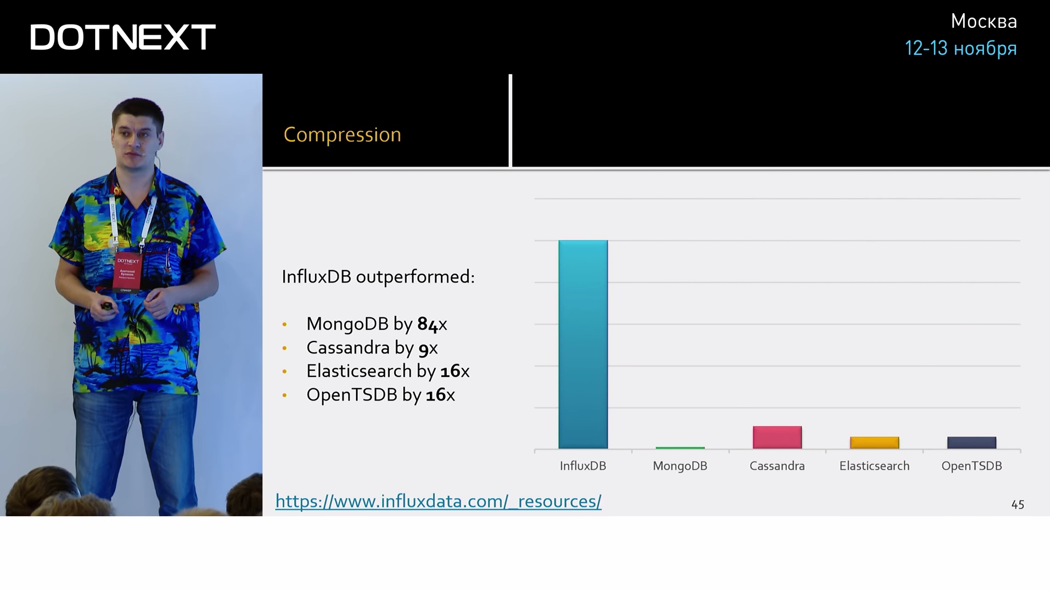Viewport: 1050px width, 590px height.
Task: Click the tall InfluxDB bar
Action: coord(583,345)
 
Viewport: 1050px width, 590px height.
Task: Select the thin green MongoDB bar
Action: coord(680,448)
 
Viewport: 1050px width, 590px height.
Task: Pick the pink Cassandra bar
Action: coord(777,438)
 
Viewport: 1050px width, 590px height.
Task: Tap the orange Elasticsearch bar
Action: coord(874,443)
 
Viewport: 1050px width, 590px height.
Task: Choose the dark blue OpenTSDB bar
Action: coord(972,443)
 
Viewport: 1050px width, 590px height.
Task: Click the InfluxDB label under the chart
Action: coord(583,466)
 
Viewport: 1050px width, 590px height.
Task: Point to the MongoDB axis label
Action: coord(680,466)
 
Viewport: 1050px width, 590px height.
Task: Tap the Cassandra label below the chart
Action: coord(777,466)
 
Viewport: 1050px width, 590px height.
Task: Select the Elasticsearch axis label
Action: coord(874,466)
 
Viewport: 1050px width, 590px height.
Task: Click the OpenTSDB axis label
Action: coord(972,466)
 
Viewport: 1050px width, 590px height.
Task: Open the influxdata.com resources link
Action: coord(439,501)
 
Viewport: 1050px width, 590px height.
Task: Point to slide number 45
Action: coord(1018,505)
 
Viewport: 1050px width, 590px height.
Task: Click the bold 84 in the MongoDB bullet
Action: coord(428,324)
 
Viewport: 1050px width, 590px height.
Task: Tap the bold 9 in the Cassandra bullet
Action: coord(423,349)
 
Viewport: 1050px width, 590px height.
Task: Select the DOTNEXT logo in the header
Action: coord(123,37)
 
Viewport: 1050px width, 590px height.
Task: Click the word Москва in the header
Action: coord(984,21)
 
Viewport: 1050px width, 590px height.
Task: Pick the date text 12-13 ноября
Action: coord(961,49)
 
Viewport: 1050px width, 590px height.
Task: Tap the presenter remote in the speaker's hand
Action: coord(107,306)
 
